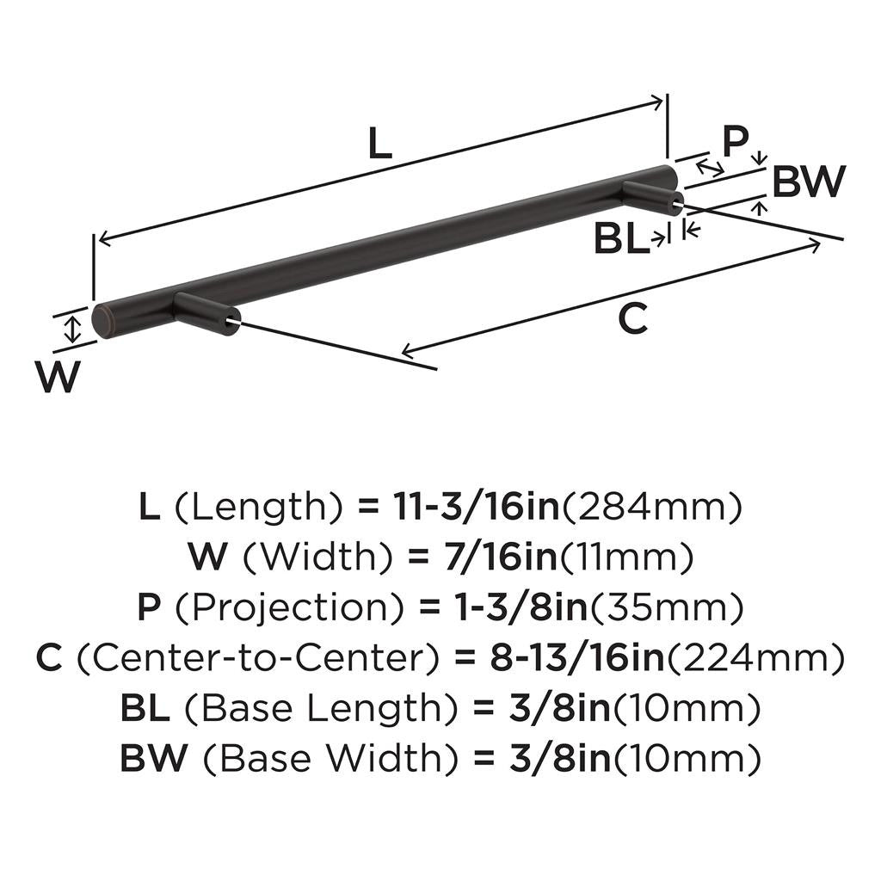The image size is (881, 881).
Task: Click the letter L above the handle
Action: (x=379, y=144)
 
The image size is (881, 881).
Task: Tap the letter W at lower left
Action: (x=59, y=377)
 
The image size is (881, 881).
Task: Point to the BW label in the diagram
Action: (x=808, y=182)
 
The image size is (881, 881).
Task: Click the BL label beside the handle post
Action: (x=621, y=240)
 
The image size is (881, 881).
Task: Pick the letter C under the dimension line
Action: (x=632, y=320)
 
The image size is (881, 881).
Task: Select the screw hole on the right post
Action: (x=677, y=205)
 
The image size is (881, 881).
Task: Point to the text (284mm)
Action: (x=651, y=508)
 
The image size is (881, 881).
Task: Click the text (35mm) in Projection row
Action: (x=665, y=608)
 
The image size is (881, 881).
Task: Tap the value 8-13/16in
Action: (x=576, y=659)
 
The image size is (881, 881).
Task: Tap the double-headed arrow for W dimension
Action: (x=74, y=328)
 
